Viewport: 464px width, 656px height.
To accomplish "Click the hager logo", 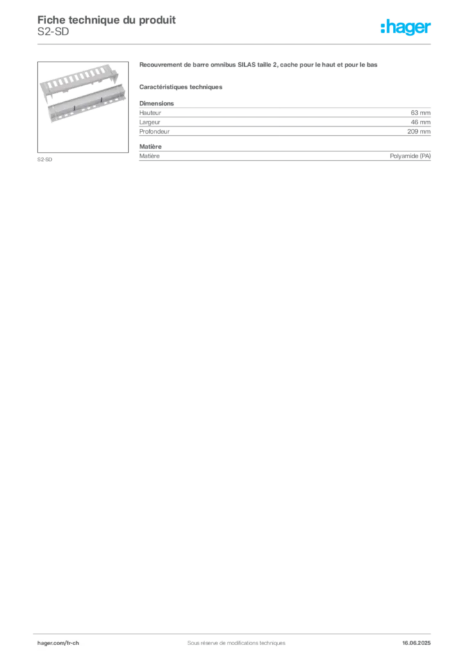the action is click(406, 27).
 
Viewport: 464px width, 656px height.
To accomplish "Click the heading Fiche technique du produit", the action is click(106, 20).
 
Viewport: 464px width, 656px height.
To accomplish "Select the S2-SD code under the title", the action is click(53, 32).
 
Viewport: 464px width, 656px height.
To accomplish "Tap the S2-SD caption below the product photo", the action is click(45, 160).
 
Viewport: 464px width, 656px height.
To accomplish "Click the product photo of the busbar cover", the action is click(83, 107).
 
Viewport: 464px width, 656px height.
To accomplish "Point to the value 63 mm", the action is click(420, 113).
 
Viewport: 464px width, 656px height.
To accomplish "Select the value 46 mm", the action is click(420, 122).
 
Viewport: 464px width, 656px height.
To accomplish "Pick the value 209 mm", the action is click(418, 131).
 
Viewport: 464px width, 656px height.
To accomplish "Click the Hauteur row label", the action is click(150, 113).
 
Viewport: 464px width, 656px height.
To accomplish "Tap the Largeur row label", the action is click(150, 122).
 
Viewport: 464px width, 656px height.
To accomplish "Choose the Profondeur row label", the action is click(154, 131).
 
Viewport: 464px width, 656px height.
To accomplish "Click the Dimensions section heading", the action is click(156, 103).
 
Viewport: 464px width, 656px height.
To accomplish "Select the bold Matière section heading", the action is click(150, 147).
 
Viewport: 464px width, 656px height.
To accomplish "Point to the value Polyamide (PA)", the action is click(410, 156).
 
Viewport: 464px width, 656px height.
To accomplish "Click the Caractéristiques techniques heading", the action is click(181, 87).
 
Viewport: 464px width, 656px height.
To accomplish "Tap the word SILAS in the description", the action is click(247, 65).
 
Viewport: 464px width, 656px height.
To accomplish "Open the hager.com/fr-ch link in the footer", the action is click(58, 643).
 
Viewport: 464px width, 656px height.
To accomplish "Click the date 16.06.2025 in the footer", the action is click(417, 643).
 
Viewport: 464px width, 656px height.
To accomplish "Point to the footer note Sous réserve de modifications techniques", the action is click(236, 643).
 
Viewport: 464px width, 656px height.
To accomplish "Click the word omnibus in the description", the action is click(223, 65).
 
